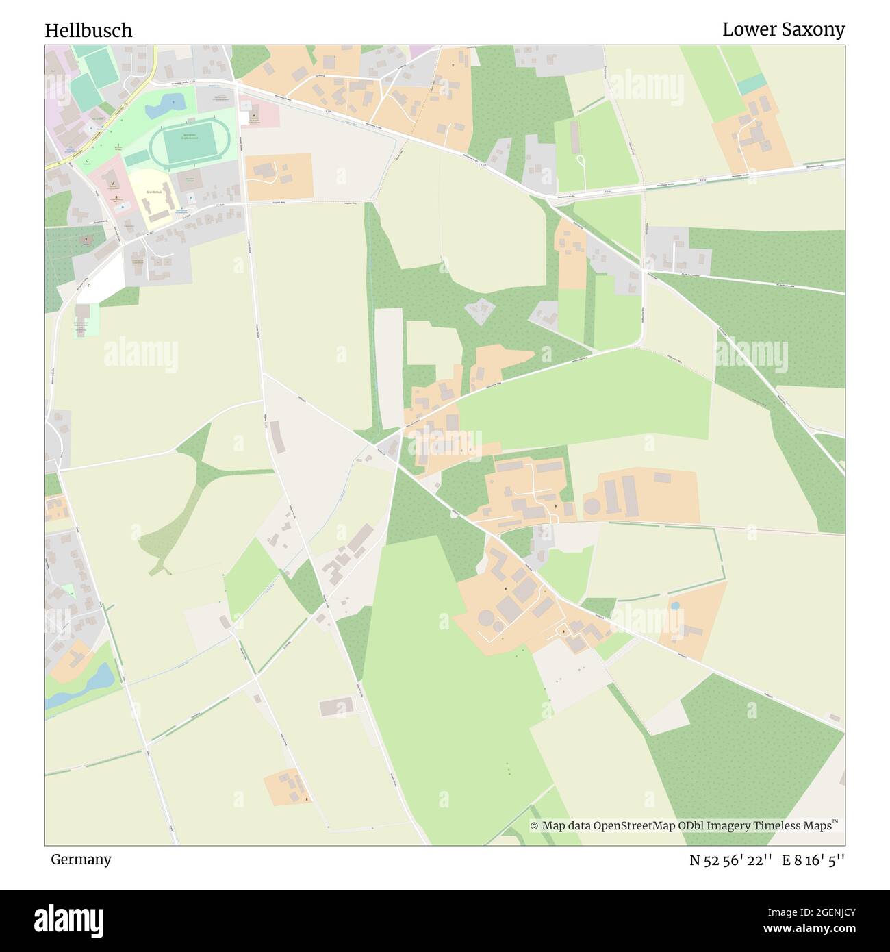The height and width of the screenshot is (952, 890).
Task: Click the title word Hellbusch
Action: pos(88,30)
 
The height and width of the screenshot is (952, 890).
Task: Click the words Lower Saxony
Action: pos(783,29)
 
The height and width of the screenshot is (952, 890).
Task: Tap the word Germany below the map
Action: pos(81,859)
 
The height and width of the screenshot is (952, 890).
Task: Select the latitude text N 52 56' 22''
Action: pos(731,860)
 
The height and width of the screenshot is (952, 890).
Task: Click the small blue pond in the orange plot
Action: pos(676,606)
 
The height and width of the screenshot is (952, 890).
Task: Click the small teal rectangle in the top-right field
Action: pos(752,84)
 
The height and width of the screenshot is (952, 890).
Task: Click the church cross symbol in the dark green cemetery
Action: pos(86,240)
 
